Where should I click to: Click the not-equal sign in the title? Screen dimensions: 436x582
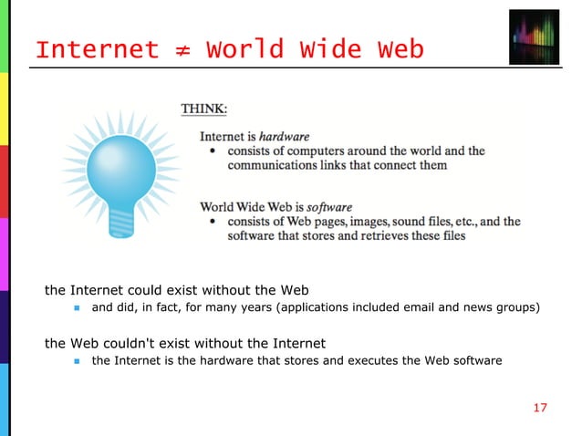point(182,49)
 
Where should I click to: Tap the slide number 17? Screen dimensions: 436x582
point(540,408)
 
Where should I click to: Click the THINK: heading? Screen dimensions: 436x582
point(204,109)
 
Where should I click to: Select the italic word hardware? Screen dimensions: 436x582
point(285,137)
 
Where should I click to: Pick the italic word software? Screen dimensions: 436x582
point(329,207)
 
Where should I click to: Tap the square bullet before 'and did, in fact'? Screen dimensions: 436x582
point(78,307)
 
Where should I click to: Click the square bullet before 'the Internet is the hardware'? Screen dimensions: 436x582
point(78,361)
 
